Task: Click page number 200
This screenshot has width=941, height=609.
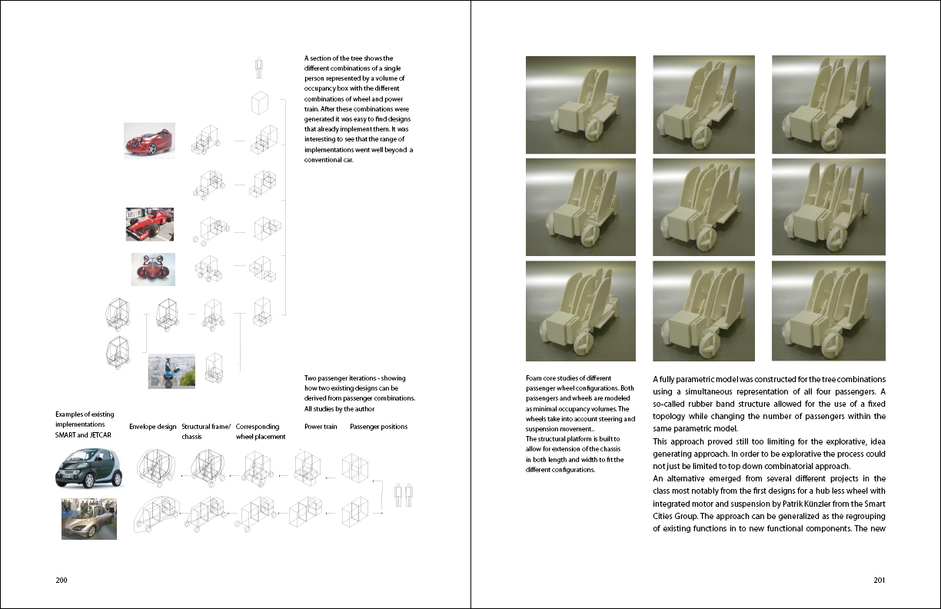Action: tap(62, 581)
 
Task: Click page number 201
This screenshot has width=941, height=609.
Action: tap(879, 581)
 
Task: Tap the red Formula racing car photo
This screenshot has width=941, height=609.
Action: tap(150, 224)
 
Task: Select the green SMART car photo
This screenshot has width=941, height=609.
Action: tap(88, 465)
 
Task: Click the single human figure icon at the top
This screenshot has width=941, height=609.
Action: tap(259, 68)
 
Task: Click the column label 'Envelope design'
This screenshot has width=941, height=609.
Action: tap(152, 427)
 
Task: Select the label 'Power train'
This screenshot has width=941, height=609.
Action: tap(321, 427)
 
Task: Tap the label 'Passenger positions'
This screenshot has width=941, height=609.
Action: tap(378, 427)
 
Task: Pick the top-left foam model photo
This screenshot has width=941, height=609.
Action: tap(580, 105)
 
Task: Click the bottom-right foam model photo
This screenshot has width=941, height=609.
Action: tap(828, 311)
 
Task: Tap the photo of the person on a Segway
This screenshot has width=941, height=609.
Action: tap(171, 371)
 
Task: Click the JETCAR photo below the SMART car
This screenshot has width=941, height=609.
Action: tap(89, 517)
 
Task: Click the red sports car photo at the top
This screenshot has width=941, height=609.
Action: tap(149, 141)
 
